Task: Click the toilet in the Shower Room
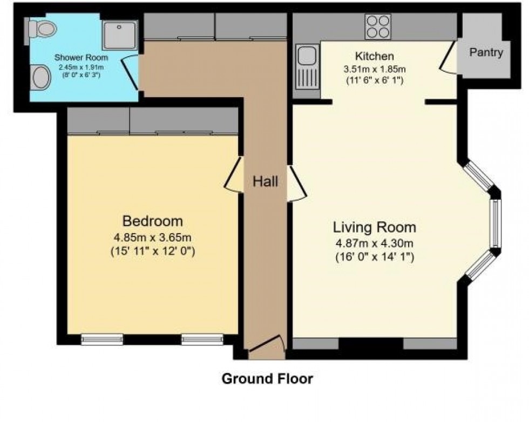click(40, 28)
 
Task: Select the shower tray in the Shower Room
click(120, 35)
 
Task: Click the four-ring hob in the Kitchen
click(378, 26)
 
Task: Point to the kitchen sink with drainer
click(307, 67)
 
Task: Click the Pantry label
click(486, 52)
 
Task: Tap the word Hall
click(266, 181)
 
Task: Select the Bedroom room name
click(152, 221)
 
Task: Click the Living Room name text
click(375, 227)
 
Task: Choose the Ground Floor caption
click(267, 378)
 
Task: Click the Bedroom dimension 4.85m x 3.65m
click(152, 237)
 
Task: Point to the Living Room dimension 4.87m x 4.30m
click(375, 243)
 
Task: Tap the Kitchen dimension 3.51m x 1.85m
click(375, 70)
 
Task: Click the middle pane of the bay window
click(496, 223)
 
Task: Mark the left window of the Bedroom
click(102, 339)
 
